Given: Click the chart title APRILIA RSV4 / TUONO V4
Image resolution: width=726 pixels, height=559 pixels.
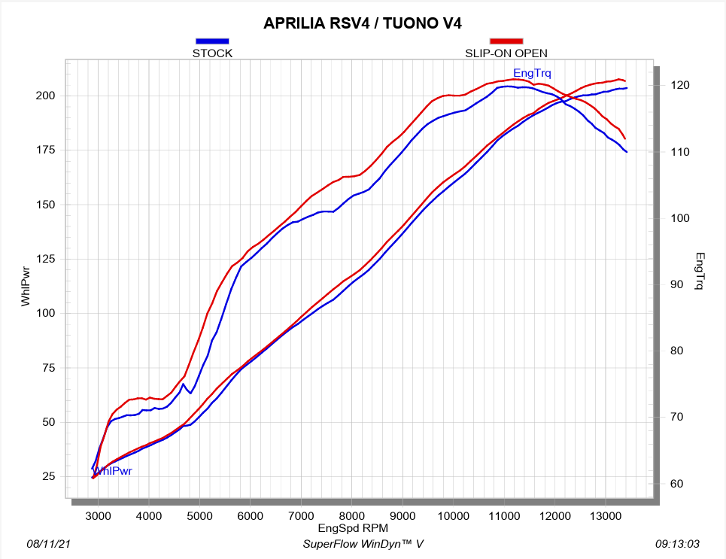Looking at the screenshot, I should (362, 23).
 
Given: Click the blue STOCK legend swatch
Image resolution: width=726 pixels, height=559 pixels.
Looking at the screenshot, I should (212, 41).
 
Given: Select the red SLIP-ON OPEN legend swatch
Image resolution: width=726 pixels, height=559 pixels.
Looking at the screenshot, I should (506, 41).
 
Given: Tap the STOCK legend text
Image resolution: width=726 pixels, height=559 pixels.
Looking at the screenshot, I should (212, 53).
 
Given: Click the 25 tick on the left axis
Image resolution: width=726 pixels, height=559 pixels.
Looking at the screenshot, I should (47, 476).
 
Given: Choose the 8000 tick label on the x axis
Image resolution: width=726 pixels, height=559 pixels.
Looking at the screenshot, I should (352, 515).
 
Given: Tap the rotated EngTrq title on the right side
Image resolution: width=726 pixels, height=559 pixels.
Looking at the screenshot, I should (700, 272).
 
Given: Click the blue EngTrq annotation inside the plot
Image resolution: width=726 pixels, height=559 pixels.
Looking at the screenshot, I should (532, 74).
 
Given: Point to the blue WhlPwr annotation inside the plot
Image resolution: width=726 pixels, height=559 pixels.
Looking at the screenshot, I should (113, 471).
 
